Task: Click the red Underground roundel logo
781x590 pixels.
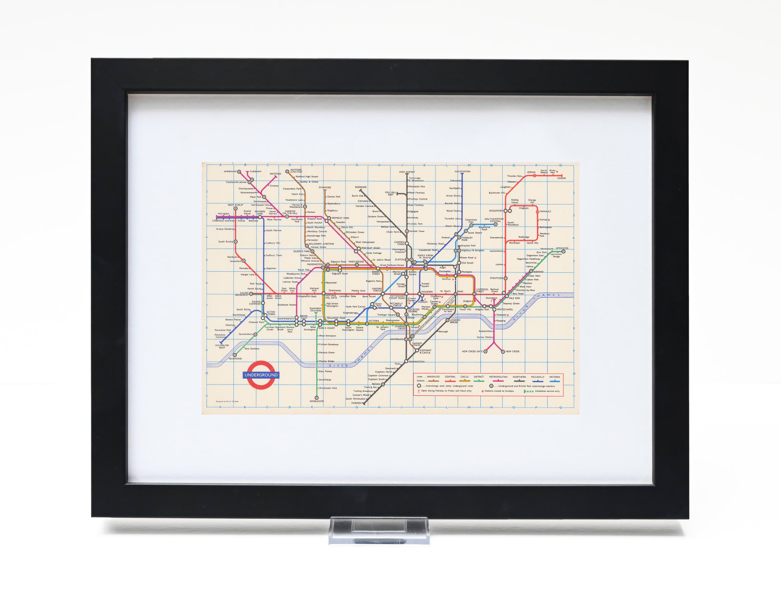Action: [x=261, y=375]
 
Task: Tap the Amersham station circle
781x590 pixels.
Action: [x=239, y=172]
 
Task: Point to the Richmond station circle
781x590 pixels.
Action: [x=235, y=355]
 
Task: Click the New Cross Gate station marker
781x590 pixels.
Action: [x=485, y=351]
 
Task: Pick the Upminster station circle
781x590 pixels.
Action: [x=563, y=252]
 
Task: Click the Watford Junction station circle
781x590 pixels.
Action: [x=287, y=172]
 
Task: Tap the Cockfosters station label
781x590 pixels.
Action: [x=462, y=171]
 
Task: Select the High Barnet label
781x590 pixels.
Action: [x=407, y=172]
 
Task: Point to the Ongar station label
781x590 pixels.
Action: [x=561, y=178]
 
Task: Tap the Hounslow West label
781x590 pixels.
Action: [x=222, y=346]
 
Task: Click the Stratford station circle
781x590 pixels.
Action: [x=505, y=278]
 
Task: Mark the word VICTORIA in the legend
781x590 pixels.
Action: [x=555, y=377]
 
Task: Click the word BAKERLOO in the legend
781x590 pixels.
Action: [x=433, y=377]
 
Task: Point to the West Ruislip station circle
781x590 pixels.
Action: [x=235, y=208]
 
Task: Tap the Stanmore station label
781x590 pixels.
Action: [x=325, y=187]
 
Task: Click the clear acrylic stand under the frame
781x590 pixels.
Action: [x=379, y=530]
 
